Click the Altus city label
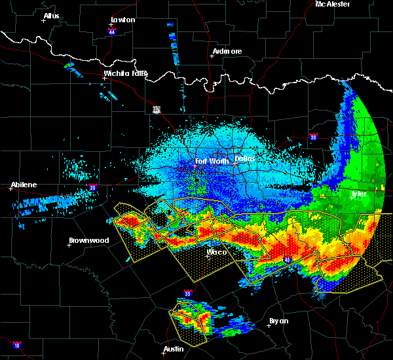pyautogui.click(x=51, y=16)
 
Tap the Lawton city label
pyautogui.click(x=122, y=20)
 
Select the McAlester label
pyautogui.click(x=333, y=5)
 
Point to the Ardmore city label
pyautogui.click(x=227, y=51)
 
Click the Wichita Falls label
pyautogui.click(x=126, y=73)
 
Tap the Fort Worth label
pyautogui.click(x=210, y=160)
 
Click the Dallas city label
pyautogui.click(x=245, y=158)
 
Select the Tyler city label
pyautogui.click(x=358, y=194)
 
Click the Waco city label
pyautogui.click(x=216, y=252)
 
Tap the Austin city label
pyautogui.click(x=174, y=349)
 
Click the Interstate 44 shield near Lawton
pyautogui.click(x=112, y=30)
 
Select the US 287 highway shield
pyautogui.click(x=157, y=109)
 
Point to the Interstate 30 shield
pyautogui.click(x=313, y=137)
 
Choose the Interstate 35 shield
pyautogui.click(x=188, y=293)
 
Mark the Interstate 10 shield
pyautogui.click(x=16, y=345)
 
